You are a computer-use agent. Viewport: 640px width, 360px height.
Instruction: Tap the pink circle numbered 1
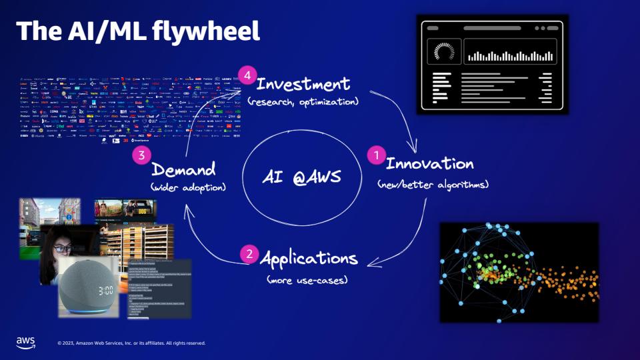376,155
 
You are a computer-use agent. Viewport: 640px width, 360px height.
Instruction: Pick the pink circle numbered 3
141,156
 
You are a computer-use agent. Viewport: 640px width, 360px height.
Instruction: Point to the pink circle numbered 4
247,75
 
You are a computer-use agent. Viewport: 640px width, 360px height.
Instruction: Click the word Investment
303,85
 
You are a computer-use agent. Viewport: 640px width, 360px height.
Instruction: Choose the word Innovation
430,163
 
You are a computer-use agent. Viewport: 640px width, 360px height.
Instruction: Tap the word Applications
309,258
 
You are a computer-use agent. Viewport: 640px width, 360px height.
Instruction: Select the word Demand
183,169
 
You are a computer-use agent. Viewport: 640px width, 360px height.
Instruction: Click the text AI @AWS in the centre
301,177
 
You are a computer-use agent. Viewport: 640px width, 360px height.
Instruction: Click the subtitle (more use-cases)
307,280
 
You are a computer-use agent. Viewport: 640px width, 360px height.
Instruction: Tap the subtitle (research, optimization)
303,103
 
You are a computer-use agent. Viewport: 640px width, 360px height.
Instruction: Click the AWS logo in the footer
25,342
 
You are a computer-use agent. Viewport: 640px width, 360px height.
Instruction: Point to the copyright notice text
131,343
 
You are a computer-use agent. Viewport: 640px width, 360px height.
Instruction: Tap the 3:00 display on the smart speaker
96,291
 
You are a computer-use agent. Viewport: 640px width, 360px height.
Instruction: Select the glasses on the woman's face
61,249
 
